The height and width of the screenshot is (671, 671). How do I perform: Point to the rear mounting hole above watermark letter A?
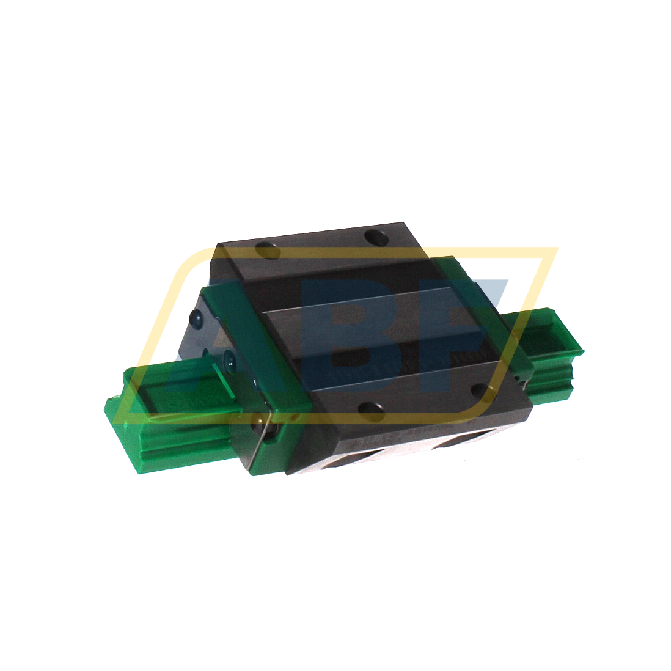click(266, 249)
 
